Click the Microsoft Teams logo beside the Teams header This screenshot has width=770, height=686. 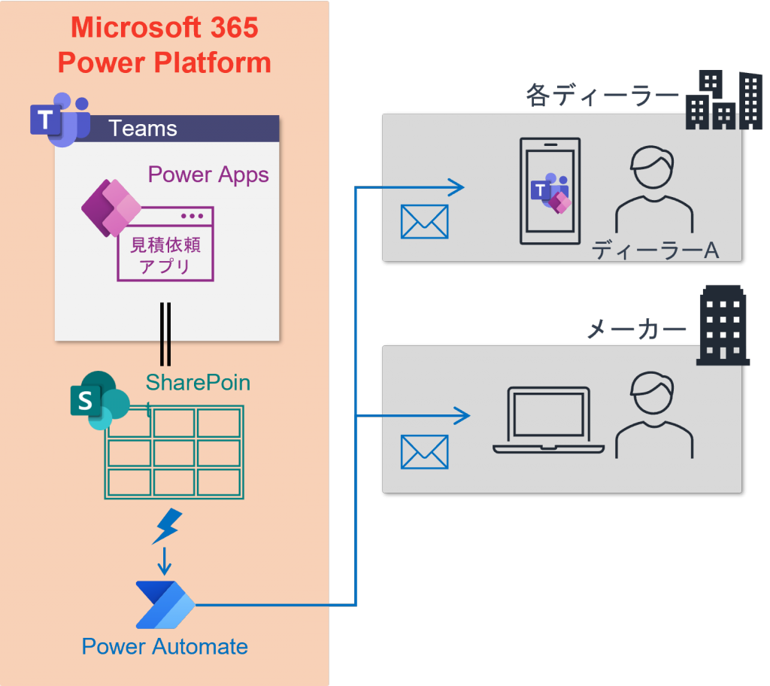click(x=59, y=120)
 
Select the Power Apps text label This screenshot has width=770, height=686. click(x=208, y=175)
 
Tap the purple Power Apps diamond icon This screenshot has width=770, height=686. click(x=109, y=207)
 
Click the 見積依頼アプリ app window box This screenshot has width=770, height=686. click(x=165, y=244)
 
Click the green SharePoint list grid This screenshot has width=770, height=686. click(x=174, y=452)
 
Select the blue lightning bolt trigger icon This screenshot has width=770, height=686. click(x=166, y=527)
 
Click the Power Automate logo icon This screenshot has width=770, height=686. click(x=165, y=604)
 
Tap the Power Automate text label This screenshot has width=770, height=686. click(x=165, y=646)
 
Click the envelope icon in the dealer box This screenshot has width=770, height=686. click(x=424, y=221)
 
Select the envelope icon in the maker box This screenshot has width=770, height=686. click(x=424, y=452)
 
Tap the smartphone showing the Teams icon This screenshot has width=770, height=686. click(x=550, y=191)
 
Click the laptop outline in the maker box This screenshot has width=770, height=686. click(x=549, y=421)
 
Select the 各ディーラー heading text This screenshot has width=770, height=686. click(x=602, y=96)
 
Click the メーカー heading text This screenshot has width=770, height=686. click(x=636, y=329)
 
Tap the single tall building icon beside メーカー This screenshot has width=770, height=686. click(x=723, y=326)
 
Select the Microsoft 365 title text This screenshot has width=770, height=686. click(x=164, y=29)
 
